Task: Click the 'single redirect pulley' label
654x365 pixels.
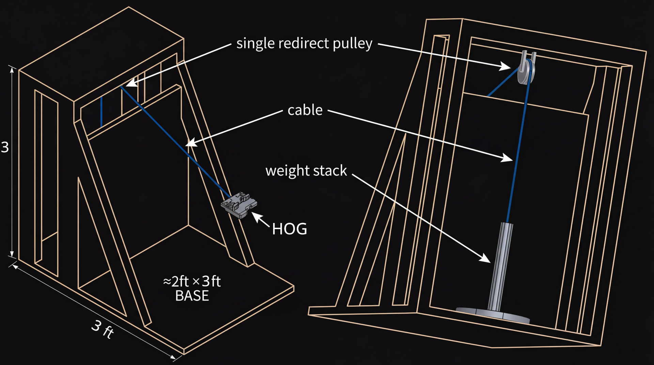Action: tap(304, 44)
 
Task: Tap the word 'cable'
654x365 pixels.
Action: tap(305, 110)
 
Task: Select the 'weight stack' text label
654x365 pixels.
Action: tap(306, 171)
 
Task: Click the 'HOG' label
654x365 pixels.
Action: tap(290, 229)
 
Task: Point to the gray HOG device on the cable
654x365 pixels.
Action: tap(239, 205)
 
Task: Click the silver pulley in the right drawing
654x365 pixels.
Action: tap(526, 68)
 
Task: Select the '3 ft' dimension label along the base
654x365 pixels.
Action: tap(103, 329)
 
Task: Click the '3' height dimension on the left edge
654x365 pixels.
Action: tap(5, 147)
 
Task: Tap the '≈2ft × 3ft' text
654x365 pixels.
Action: tap(192, 282)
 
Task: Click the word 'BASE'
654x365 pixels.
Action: tap(192, 296)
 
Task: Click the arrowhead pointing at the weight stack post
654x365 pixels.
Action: tap(485, 258)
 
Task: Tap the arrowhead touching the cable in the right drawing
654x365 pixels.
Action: tap(507, 158)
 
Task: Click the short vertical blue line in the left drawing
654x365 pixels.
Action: tap(101, 112)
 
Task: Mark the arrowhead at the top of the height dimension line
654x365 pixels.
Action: tap(12, 70)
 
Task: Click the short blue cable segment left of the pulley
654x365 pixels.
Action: tap(503, 82)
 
